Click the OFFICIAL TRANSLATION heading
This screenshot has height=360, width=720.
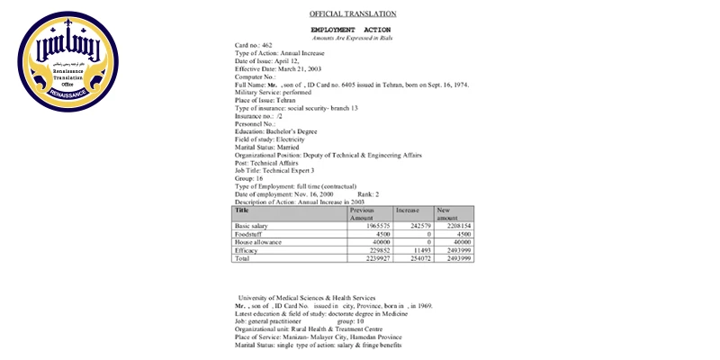coord(353,13)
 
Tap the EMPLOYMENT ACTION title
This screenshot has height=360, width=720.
coord(350,30)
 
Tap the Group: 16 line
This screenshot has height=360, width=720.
coord(249,178)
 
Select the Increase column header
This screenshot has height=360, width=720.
coord(408,210)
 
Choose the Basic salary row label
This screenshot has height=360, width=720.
coord(251,226)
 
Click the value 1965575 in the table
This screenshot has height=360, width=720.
coord(372,226)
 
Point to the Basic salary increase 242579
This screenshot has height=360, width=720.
coord(418,226)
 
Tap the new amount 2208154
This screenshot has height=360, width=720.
coord(456,226)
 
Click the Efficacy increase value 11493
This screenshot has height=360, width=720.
coord(421,250)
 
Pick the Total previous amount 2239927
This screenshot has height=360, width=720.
coord(372,258)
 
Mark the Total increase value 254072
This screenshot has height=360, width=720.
coord(418,258)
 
